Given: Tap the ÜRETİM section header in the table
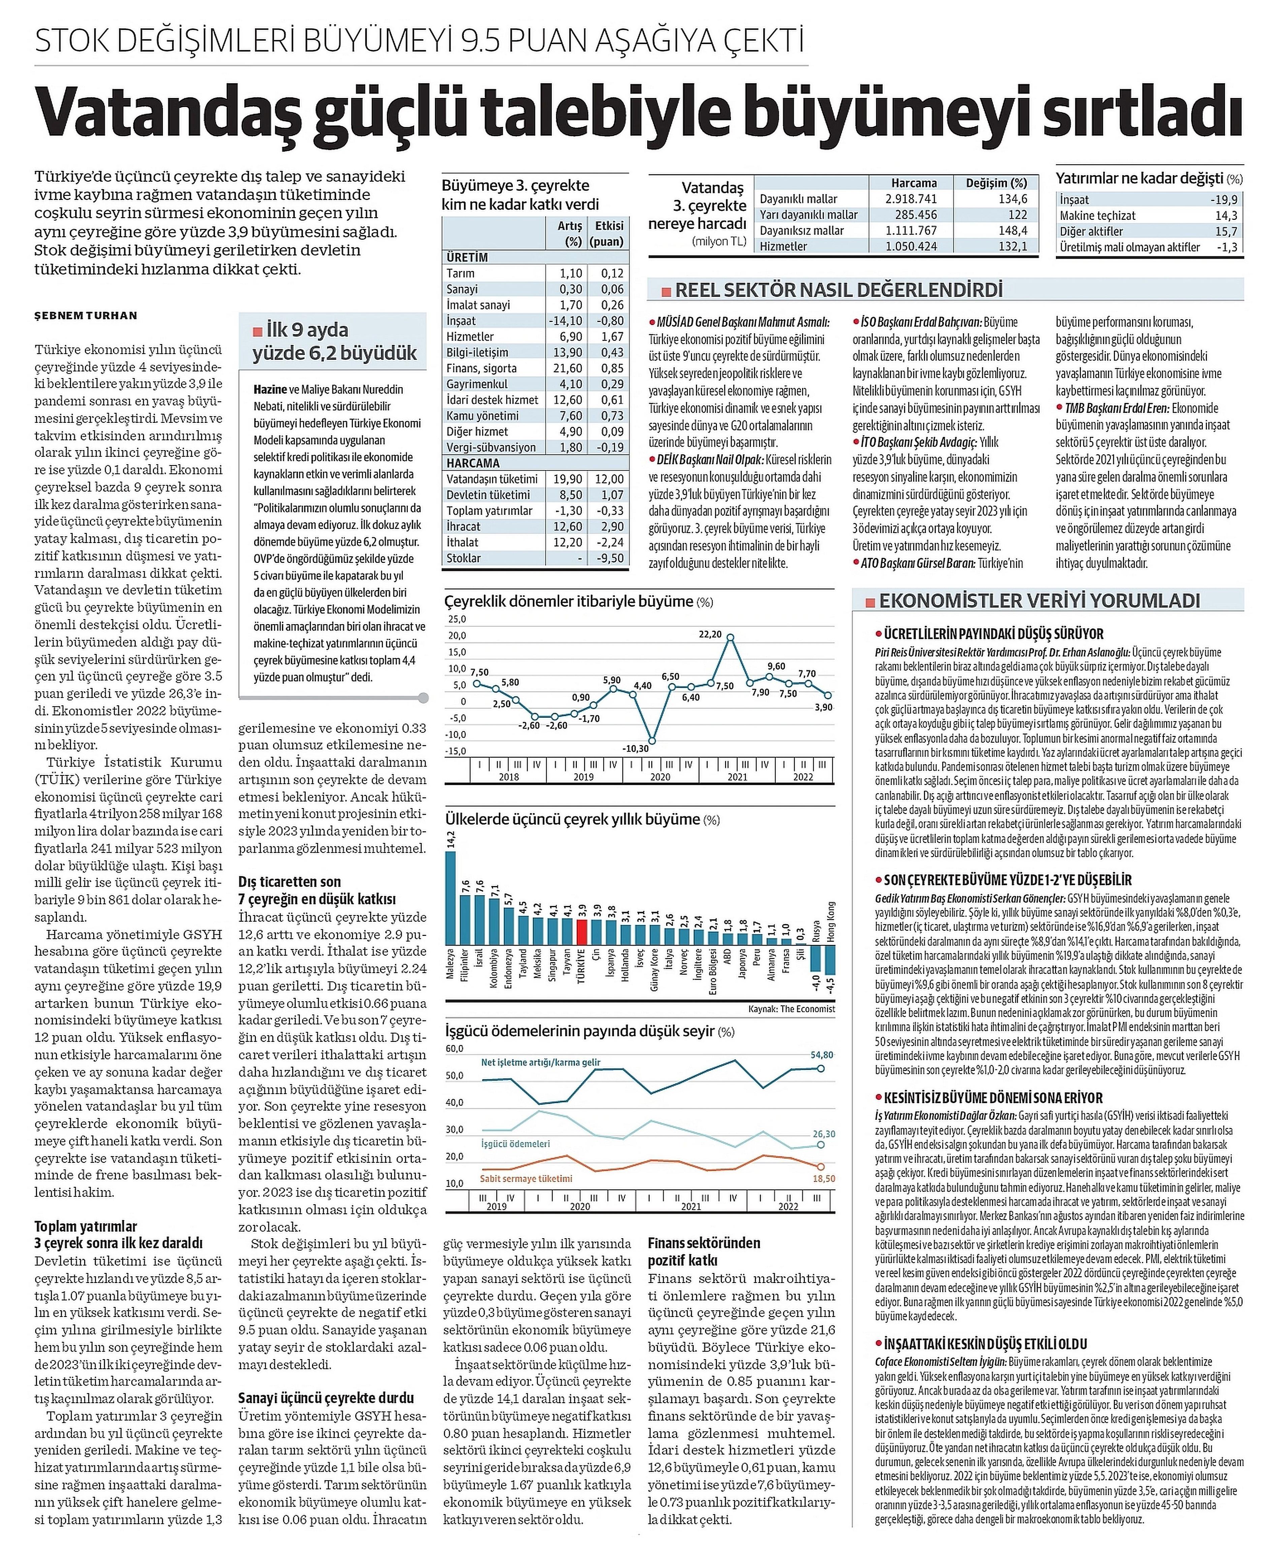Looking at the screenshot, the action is (467, 257).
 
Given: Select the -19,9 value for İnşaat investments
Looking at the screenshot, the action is (1224, 200).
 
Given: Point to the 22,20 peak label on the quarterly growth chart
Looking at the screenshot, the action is (710, 634).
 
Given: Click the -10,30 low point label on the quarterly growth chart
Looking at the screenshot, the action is (635, 748).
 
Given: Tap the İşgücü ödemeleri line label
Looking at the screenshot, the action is (516, 1144).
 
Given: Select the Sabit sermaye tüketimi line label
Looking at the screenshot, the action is (526, 1179).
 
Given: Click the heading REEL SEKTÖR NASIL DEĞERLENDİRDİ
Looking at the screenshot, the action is (839, 290).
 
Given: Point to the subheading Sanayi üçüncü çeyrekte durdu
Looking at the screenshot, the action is (326, 1397).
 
